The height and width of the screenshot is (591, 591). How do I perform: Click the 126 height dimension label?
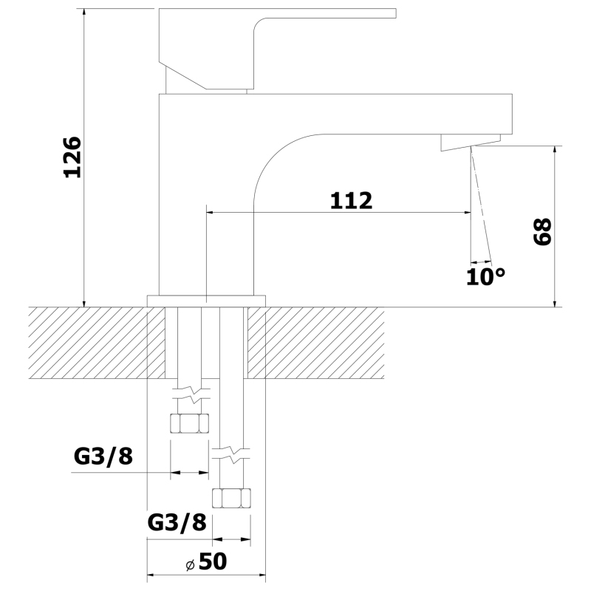[x=72, y=157]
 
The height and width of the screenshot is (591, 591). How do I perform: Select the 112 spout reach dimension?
[x=352, y=200]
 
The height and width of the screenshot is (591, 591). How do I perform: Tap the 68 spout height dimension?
[x=543, y=231]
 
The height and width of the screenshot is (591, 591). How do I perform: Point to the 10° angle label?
[x=485, y=277]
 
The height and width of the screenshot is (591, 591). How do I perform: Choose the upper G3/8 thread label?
[x=103, y=457]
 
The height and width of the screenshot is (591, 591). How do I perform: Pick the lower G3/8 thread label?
[x=177, y=523]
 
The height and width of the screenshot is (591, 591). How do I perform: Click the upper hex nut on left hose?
[x=189, y=423]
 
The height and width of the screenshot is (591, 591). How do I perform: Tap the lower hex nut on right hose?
[x=231, y=498]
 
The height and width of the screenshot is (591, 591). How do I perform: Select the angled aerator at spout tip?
[x=471, y=143]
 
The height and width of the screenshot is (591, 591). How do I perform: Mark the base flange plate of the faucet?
[x=206, y=301]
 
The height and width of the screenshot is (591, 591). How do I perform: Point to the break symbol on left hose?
[x=191, y=394]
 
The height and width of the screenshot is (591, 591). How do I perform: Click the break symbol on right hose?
[x=231, y=454]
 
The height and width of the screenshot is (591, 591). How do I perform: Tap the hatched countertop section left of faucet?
[x=97, y=343]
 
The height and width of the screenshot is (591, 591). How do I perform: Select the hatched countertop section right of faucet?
[x=316, y=343]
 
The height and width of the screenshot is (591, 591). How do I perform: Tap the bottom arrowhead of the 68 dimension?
[x=555, y=302]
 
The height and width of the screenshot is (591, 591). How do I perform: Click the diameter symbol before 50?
[x=191, y=565]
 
